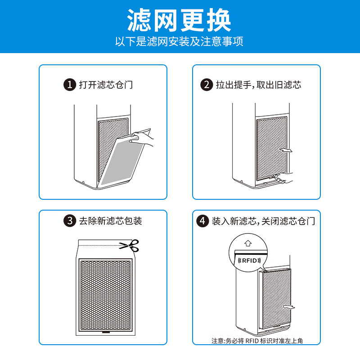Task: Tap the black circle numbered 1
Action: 69,84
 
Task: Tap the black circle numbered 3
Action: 69,220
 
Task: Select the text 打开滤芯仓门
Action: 106,84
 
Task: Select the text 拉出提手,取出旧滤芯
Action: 258,84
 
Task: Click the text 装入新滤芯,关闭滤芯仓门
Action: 263,220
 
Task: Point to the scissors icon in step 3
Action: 130,245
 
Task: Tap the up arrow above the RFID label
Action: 248,244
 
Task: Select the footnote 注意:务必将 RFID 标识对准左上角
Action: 257,341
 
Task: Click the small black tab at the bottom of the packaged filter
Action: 106,333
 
